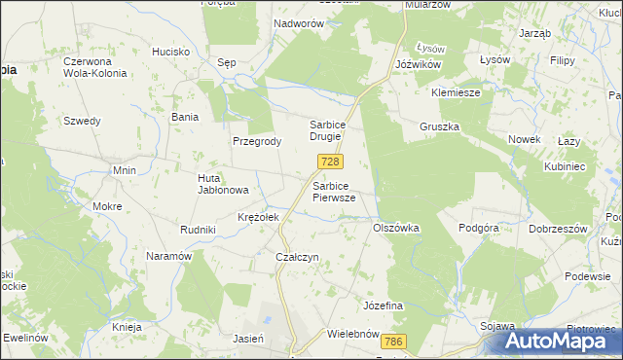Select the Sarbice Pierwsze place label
[334, 191]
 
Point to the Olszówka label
[396, 228]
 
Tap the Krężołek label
[259, 217]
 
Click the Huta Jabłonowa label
[224, 184]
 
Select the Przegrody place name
[257, 141]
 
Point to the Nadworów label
[298, 22]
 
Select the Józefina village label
[383, 306]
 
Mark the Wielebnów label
[352, 334]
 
